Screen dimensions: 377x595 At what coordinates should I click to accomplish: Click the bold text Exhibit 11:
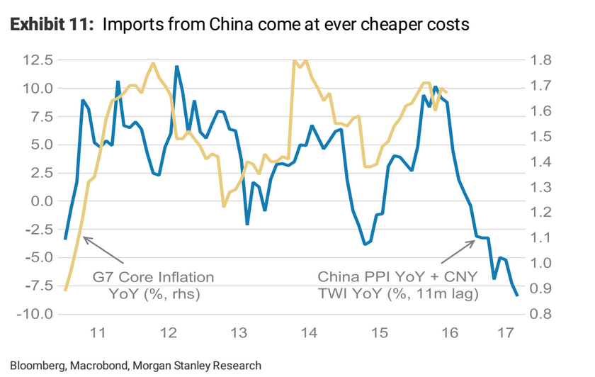pyautogui.click(x=50, y=26)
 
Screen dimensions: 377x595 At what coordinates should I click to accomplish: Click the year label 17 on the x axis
pyautogui.click(x=506, y=333)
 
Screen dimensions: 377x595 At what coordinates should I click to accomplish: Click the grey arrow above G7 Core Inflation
pyautogui.click(x=102, y=249)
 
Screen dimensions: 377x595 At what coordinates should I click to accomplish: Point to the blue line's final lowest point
pyautogui.click(x=518, y=296)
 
